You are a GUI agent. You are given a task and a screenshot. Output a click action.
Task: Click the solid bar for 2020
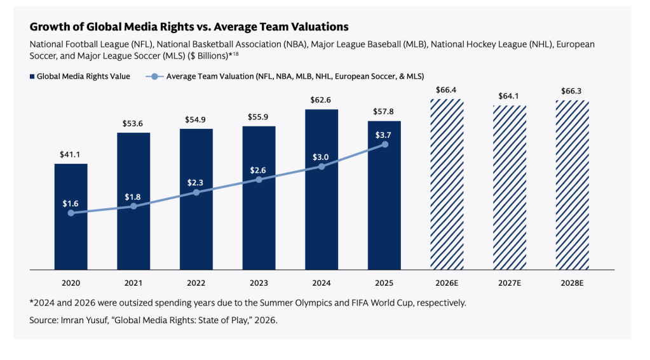point(71,217)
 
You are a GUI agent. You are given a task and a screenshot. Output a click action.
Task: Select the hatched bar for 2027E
point(510,187)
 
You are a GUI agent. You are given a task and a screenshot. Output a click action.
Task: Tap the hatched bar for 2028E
point(572,185)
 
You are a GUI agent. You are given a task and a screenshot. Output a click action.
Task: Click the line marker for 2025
point(385,145)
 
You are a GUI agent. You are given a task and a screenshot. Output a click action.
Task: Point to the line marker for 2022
point(196,192)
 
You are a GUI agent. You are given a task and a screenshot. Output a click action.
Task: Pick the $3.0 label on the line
point(320,157)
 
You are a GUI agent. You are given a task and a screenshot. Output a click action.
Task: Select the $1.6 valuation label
point(71,203)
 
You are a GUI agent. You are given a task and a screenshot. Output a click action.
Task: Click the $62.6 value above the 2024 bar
point(320,100)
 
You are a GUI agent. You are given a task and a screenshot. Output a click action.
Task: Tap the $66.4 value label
point(446,90)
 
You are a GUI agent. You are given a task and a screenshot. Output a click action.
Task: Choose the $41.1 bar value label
point(70,154)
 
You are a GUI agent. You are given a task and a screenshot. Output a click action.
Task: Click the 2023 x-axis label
point(259,283)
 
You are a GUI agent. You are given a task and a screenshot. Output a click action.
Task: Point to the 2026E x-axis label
point(447,283)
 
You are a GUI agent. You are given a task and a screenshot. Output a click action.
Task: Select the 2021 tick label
point(133,283)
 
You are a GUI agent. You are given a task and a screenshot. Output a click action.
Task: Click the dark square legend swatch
point(32,77)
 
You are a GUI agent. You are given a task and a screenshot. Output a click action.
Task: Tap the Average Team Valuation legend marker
point(154,77)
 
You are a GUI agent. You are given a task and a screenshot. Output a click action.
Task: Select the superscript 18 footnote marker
point(235,54)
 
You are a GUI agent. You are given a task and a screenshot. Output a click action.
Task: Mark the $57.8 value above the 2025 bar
point(383,112)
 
